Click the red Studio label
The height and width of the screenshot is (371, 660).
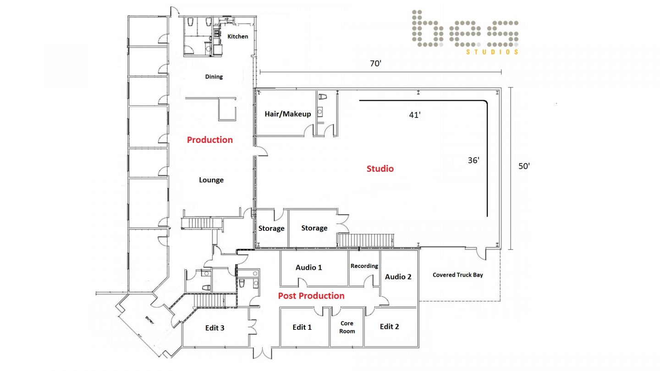click(x=380, y=169)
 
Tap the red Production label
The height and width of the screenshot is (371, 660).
click(x=210, y=140)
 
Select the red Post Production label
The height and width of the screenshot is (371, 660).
click(x=311, y=296)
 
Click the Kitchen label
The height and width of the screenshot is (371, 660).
click(x=238, y=36)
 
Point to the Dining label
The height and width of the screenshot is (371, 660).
click(x=214, y=76)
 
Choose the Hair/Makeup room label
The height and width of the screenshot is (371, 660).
click(x=287, y=114)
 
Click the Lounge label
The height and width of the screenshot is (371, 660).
click(x=211, y=180)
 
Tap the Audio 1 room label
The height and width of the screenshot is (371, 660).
click(x=308, y=267)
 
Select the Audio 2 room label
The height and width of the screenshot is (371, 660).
click(x=398, y=277)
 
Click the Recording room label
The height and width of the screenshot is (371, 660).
click(x=364, y=266)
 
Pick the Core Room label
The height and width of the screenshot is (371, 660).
click(x=347, y=327)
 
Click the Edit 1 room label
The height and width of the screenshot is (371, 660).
click(x=302, y=327)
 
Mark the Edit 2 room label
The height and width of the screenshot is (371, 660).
click(x=389, y=327)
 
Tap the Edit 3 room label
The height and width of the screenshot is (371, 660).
click(x=215, y=328)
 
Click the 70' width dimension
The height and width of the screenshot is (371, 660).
click(x=376, y=64)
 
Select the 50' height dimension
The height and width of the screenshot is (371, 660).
click(x=524, y=166)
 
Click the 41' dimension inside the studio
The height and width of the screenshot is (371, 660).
click(x=415, y=115)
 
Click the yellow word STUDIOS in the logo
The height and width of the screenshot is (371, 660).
click(x=492, y=52)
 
